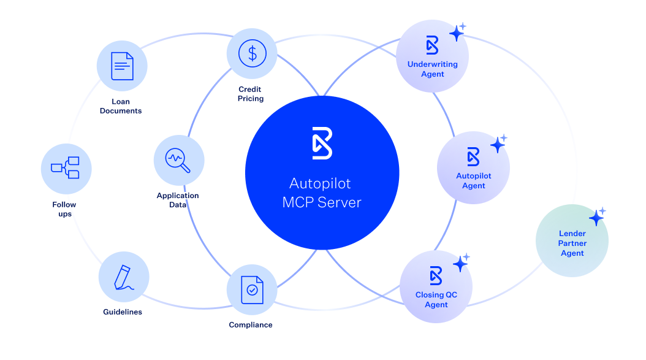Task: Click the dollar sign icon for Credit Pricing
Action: (252, 53)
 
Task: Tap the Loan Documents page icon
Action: (122, 65)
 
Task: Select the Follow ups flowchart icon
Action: (66, 167)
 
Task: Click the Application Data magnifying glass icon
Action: (178, 160)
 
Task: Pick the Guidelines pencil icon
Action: (123, 277)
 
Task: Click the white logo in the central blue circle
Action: (322, 143)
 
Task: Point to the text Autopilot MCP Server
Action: (322, 193)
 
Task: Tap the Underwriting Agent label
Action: (433, 69)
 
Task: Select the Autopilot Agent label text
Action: (474, 181)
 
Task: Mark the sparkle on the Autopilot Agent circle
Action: (498, 144)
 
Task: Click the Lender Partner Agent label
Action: (572, 243)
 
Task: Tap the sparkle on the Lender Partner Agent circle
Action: (596, 217)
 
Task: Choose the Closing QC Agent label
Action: (436, 300)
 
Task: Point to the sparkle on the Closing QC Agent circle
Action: (461, 263)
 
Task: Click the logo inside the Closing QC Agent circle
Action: (436, 275)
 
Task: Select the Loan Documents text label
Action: (121, 106)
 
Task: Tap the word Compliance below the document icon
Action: (251, 325)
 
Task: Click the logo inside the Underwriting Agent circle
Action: (433, 45)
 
